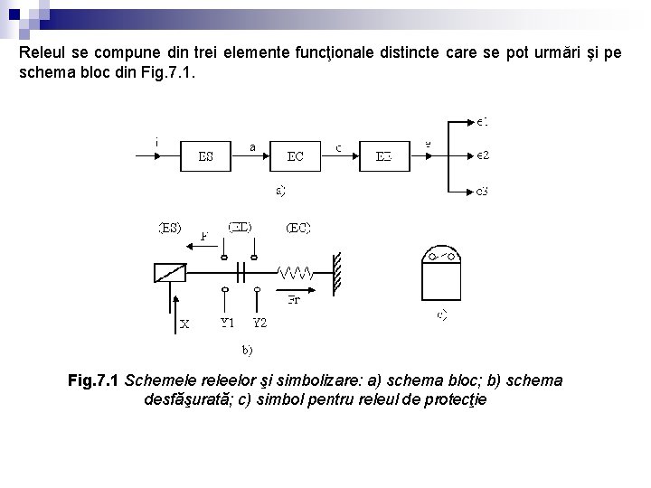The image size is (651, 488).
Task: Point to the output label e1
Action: pos(483,120)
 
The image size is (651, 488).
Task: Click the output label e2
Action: pos(483,155)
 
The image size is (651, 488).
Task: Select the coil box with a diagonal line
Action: pos(170,271)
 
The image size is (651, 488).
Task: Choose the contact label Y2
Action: pos(259,322)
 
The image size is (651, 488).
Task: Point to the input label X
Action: pos(184,323)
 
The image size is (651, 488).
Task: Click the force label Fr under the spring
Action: pos(294,300)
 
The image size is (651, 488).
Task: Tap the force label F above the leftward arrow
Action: pos(204,237)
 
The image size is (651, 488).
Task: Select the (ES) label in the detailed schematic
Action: pos(170,228)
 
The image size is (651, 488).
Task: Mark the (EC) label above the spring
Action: pos(297,228)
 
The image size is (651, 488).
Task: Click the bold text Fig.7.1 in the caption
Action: pos(94,380)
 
